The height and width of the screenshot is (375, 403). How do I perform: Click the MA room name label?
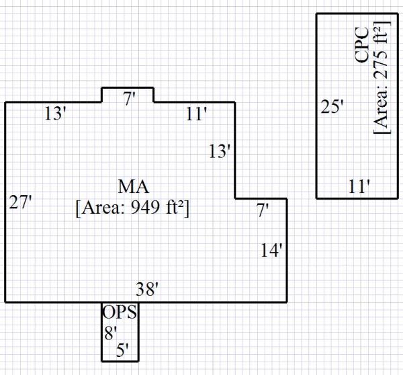click(133, 186)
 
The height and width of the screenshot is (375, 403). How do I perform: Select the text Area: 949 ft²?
click(133, 207)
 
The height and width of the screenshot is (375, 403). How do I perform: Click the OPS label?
click(120, 312)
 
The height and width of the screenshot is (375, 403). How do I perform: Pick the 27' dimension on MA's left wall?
click(20, 202)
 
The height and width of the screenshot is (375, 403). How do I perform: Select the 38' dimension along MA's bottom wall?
click(147, 290)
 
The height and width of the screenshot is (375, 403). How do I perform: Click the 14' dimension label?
click(273, 251)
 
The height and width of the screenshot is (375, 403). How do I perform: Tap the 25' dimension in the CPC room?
click(332, 106)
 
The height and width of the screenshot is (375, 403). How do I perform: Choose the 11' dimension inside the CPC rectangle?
click(359, 186)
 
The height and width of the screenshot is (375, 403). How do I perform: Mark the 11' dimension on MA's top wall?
click(196, 115)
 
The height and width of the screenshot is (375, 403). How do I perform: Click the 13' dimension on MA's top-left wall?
click(55, 114)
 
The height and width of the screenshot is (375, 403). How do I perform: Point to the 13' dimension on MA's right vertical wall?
click(220, 152)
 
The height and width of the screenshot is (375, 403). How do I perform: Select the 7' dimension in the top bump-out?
click(129, 99)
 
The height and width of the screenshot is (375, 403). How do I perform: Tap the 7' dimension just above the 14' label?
click(263, 210)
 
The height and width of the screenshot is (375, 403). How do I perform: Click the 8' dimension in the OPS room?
click(110, 331)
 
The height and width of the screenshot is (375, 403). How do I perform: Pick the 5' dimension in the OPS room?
click(122, 349)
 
